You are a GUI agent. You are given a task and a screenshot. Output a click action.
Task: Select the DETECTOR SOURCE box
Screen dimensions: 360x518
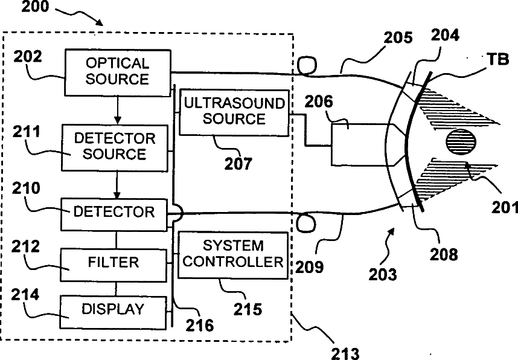tap(115, 146)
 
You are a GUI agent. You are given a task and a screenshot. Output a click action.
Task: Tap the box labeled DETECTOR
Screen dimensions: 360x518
tap(114, 212)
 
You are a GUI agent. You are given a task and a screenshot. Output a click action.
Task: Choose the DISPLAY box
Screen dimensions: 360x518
tap(114, 309)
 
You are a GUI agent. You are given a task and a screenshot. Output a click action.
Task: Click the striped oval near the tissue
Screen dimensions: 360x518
tap(461, 143)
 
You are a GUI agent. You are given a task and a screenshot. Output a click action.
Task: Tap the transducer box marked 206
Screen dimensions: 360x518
tap(360, 144)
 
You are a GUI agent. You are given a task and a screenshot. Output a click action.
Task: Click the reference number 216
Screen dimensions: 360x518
tap(200, 326)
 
